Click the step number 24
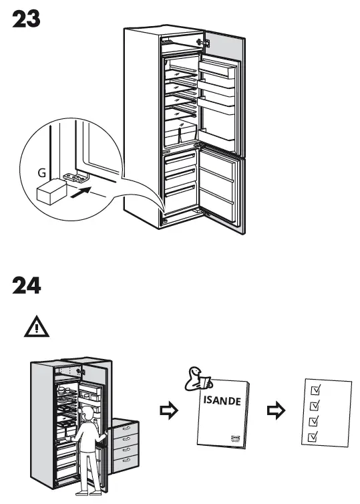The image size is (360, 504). coord(27,285)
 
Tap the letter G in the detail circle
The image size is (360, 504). coord(41,172)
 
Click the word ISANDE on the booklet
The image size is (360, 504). coord(221,402)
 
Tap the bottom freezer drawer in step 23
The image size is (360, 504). coord(179,199)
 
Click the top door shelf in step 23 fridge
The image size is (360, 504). coord(217,69)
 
